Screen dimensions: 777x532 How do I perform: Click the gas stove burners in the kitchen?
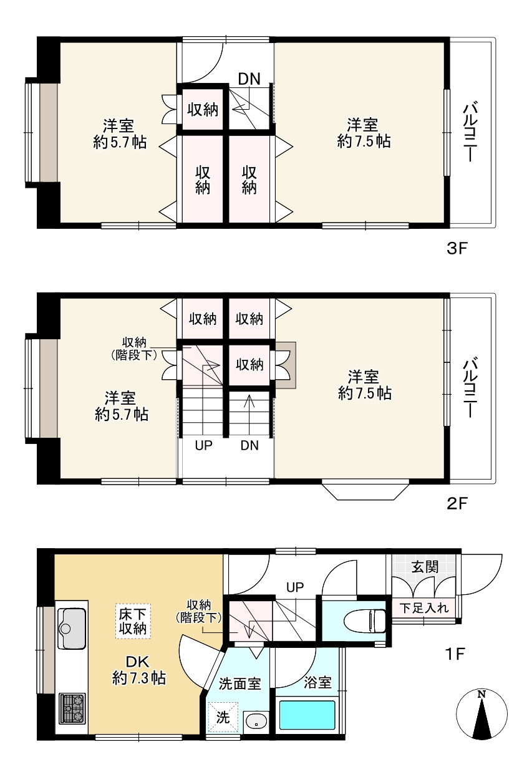[x=72, y=708]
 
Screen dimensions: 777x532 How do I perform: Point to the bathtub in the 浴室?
[x=307, y=715]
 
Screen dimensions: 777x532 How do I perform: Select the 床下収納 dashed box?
[x=133, y=620]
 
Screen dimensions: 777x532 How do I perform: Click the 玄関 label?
[x=424, y=567]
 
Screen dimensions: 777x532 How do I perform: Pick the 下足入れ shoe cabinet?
[x=423, y=607]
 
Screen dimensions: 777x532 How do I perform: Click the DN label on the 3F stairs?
[x=249, y=79]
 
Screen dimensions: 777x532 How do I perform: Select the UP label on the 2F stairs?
[x=204, y=445]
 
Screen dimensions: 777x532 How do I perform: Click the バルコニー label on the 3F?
[x=470, y=133]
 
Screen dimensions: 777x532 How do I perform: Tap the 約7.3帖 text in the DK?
[x=139, y=678]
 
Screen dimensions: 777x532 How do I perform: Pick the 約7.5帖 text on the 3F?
[x=364, y=142]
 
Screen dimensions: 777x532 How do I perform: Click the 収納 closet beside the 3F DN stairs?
[x=203, y=110]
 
